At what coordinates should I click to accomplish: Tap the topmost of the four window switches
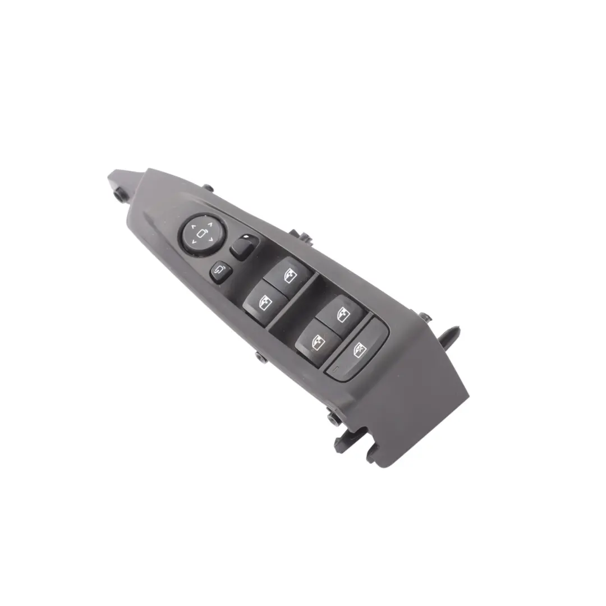point(288,273)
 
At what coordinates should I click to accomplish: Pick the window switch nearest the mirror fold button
point(264,301)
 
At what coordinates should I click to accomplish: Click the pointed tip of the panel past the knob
point(113,176)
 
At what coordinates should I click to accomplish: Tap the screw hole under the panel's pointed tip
point(120,194)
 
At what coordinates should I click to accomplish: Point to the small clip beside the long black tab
point(426,318)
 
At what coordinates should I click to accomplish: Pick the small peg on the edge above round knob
point(208,188)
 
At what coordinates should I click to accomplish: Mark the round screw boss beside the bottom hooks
point(333,417)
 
